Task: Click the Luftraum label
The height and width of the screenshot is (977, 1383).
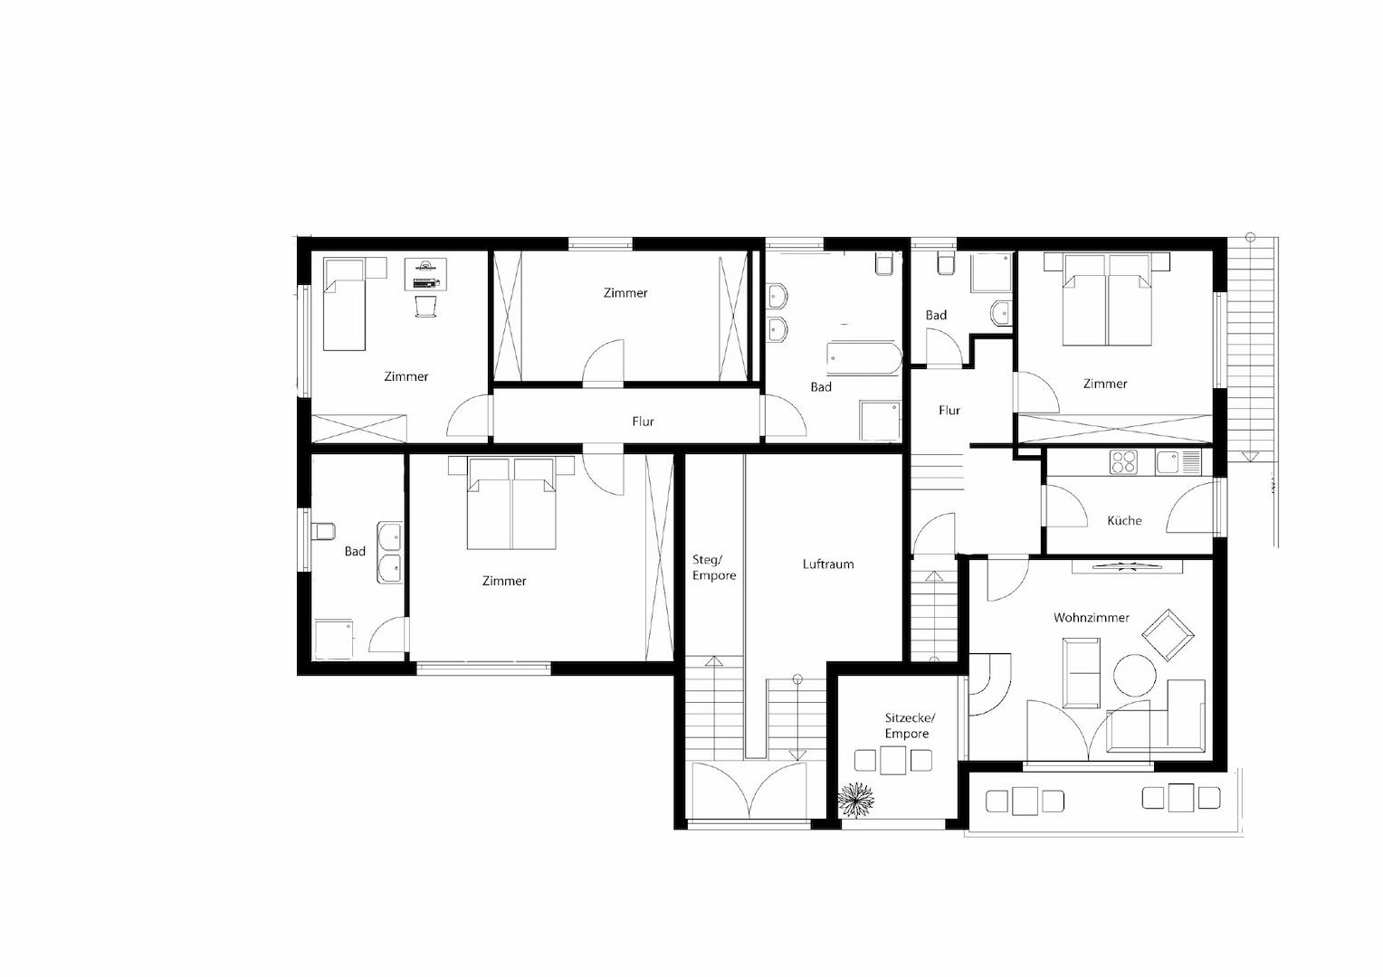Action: [x=828, y=564]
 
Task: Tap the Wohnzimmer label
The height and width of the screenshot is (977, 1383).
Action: [x=1091, y=618]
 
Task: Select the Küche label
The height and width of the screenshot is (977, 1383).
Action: [x=1124, y=521]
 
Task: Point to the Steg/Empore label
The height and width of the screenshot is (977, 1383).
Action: [x=714, y=567]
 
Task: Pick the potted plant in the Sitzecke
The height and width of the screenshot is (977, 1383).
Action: [x=856, y=799]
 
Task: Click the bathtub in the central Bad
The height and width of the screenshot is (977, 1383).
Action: [x=863, y=359]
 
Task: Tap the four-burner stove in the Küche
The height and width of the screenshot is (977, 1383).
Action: [x=1123, y=462]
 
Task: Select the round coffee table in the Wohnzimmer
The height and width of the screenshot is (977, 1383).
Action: [x=1134, y=674]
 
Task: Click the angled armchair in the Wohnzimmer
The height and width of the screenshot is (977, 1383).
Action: [x=1167, y=634]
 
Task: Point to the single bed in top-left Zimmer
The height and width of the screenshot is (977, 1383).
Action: [x=345, y=304]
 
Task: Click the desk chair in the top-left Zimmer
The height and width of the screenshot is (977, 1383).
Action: [x=425, y=306]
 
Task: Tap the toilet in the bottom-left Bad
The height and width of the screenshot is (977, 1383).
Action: [x=322, y=531]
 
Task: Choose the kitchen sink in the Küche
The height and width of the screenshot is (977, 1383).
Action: [x=1168, y=462]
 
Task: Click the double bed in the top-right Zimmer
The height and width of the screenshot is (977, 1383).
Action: [x=1106, y=300]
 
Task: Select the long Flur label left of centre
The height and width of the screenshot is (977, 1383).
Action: [x=643, y=422]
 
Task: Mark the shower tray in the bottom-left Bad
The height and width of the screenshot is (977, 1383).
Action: [x=333, y=639]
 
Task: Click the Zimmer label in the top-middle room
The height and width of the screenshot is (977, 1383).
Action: [x=625, y=293]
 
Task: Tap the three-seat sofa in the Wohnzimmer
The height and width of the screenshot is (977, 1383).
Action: [x=1082, y=673]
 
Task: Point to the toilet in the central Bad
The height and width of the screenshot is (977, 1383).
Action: [x=885, y=263]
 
